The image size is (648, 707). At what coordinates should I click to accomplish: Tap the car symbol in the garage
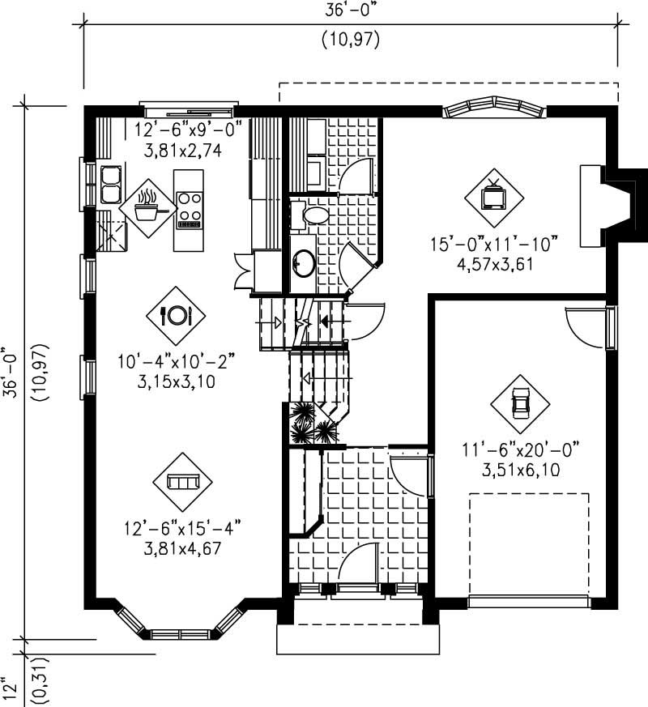(x=519, y=402)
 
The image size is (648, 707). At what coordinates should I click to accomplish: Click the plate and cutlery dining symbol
(x=176, y=315)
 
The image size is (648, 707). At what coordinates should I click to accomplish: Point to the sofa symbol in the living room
(x=182, y=482)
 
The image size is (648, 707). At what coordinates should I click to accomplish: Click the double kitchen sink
(x=109, y=184)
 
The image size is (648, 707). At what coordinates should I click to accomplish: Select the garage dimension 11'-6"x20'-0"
(x=521, y=449)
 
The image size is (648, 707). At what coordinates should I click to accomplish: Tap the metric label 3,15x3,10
(x=176, y=382)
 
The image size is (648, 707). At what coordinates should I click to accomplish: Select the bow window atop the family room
(x=493, y=109)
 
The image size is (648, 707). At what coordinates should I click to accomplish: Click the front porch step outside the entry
(x=358, y=639)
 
